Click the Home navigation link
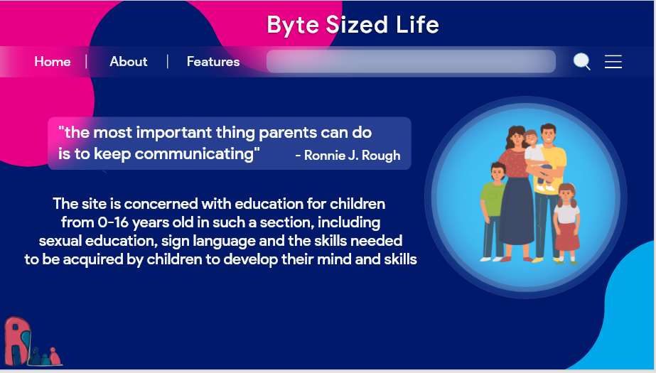pos(53,62)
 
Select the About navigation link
pos(129,62)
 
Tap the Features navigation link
pos(213,62)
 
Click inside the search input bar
pos(411,62)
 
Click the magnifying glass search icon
pos(581,62)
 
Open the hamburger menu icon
pos(613,62)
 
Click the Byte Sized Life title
pos(353,24)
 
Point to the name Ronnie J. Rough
pos(352,155)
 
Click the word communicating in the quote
pos(194,154)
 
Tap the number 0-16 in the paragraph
pos(113,222)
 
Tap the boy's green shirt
pos(493,199)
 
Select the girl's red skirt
pos(567,237)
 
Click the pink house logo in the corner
pos(18,341)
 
